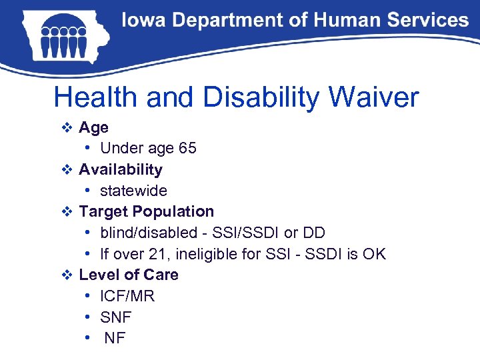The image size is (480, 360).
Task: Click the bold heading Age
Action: [93, 127]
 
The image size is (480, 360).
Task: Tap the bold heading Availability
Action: [120, 169]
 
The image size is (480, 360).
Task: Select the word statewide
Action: [133, 191]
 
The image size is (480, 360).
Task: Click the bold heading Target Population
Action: [146, 211]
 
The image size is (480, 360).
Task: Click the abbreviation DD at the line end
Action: [313, 233]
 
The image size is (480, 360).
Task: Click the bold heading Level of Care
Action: [129, 275]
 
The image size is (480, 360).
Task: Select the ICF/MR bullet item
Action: [127, 296]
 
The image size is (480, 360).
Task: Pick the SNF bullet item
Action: [115, 317]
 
